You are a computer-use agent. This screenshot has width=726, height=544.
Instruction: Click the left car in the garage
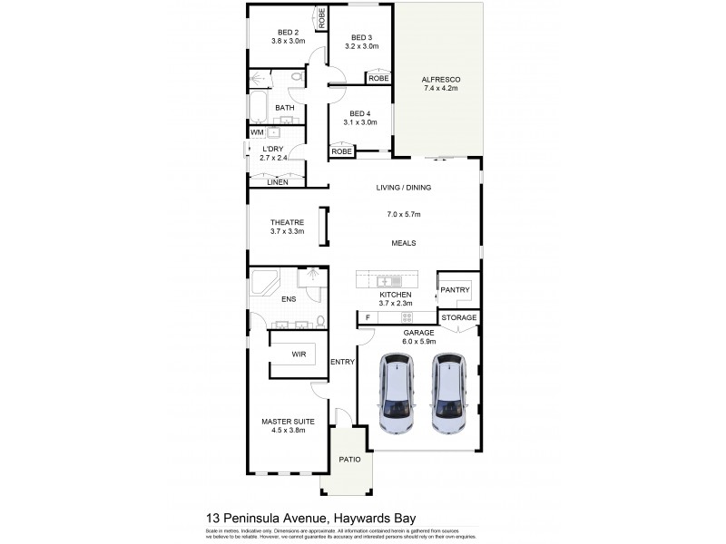[x=397, y=393]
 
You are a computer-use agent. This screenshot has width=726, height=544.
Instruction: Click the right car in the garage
[x=448, y=393]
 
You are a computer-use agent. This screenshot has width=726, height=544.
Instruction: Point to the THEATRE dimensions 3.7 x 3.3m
[x=287, y=231]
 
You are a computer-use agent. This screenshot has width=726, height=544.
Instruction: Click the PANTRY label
[x=455, y=290]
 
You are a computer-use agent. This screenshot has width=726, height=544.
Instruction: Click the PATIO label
[x=350, y=460]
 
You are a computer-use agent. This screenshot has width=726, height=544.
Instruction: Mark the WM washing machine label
[x=257, y=132]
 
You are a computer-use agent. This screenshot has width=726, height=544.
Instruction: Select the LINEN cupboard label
[x=278, y=182]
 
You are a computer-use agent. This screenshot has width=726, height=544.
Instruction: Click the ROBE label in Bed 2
[x=321, y=15]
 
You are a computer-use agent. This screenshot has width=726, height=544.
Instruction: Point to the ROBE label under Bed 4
[x=341, y=151]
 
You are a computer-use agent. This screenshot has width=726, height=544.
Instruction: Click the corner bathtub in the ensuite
[x=265, y=283]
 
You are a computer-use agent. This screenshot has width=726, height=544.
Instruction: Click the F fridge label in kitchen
[x=367, y=317]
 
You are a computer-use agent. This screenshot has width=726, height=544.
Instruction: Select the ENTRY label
[x=343, y=362]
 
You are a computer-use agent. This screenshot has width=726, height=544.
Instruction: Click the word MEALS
[x=404, y=243]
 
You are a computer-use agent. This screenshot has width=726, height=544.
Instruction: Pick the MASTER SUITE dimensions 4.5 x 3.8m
[x=282, y=431]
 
